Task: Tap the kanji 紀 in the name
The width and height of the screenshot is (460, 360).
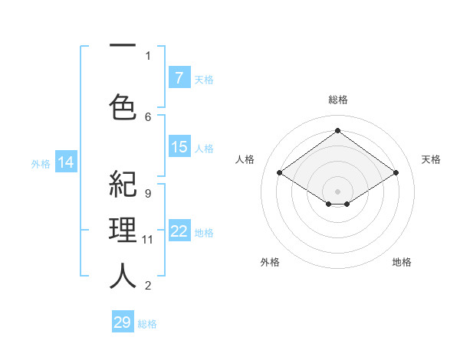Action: [123, 186]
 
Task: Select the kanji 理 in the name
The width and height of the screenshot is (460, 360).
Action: [123, 231]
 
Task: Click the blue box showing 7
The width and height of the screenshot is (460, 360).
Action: [179, 78]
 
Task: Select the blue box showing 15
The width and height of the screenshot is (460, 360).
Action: [179, 147]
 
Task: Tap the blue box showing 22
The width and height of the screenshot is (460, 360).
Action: [179, 231]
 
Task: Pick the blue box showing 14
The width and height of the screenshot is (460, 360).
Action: [66, 162]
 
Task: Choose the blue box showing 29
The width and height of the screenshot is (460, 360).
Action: [123, 322]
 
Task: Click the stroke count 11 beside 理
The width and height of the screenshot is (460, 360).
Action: [148, 239]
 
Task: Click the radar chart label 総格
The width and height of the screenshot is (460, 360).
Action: [337, 100]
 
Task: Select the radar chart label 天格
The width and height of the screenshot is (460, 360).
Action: [431, 159]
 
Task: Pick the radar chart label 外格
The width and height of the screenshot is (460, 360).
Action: [270, 262]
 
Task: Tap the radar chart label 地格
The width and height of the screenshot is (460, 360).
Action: [402, 262]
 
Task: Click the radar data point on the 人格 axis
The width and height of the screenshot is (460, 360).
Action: [280, 173]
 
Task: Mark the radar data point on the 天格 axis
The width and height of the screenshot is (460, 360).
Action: [396, 173]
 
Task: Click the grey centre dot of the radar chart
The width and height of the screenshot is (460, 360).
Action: [337, 190]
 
